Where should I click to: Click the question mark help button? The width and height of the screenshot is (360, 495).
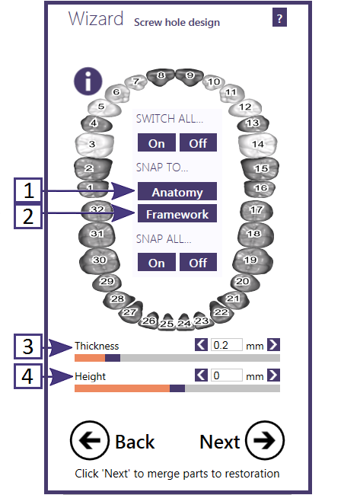tap(279, 18)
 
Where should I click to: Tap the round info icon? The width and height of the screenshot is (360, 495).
tap(88, 81)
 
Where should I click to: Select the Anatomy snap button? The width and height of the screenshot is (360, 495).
tap(177, 191)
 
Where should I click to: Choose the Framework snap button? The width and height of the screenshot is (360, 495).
tap(177, 213)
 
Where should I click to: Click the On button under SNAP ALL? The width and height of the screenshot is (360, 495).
tap(157, 262)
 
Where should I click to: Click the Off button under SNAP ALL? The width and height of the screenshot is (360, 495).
tap(198, 262)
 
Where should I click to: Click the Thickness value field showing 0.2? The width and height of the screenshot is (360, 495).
tap(227, 345)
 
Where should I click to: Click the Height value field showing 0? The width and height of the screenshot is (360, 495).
tap(227, 375)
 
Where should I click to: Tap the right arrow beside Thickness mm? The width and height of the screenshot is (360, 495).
tap(273, 345)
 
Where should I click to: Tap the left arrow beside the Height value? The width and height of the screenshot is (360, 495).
tap(201, 375)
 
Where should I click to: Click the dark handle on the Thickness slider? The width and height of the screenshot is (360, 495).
tap(113, 358)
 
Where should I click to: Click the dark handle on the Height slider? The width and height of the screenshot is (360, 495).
tap(177, 388)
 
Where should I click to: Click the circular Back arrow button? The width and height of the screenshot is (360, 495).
tap(90, 440)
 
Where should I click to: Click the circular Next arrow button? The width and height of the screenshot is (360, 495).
tap(265, 440)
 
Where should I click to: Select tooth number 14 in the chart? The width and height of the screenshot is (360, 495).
tap(257, 145)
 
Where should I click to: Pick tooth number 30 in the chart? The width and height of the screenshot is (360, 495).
tap(100, 260)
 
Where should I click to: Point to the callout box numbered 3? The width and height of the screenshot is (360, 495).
tap(27, 346)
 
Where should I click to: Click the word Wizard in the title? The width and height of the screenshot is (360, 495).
tap(96, 18)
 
